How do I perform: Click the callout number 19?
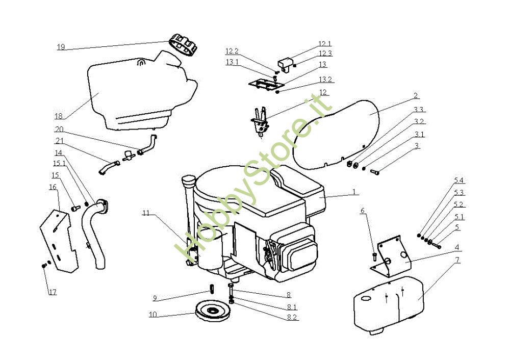61,47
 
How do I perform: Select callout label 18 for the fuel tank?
58,115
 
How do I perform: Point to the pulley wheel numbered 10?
212,311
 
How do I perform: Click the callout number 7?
457,260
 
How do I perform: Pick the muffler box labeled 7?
388,303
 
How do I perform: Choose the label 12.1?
325,44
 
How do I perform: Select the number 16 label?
53,187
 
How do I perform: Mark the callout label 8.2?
292,317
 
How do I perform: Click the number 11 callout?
146,213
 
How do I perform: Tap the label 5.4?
459,181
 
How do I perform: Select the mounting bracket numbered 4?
393,255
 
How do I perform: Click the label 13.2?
326,80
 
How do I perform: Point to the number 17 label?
53,292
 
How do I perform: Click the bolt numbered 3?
376,172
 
